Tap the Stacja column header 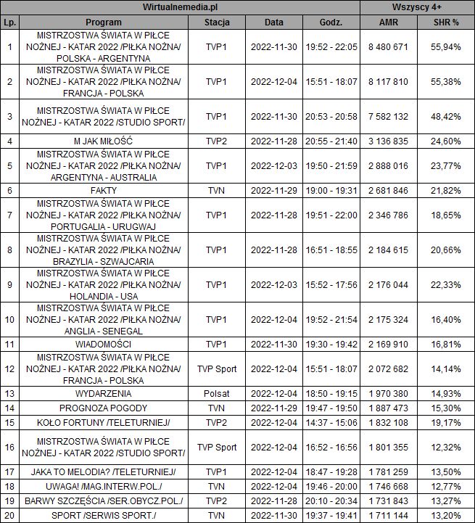pos(217,22)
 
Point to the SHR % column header pos(445,22)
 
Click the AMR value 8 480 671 pos(388,47)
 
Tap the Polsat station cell pos(217,393)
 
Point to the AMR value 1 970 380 pos(388,393)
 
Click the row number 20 pos(9,515)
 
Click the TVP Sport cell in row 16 pos(217,448)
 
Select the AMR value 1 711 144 pos(388,515)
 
